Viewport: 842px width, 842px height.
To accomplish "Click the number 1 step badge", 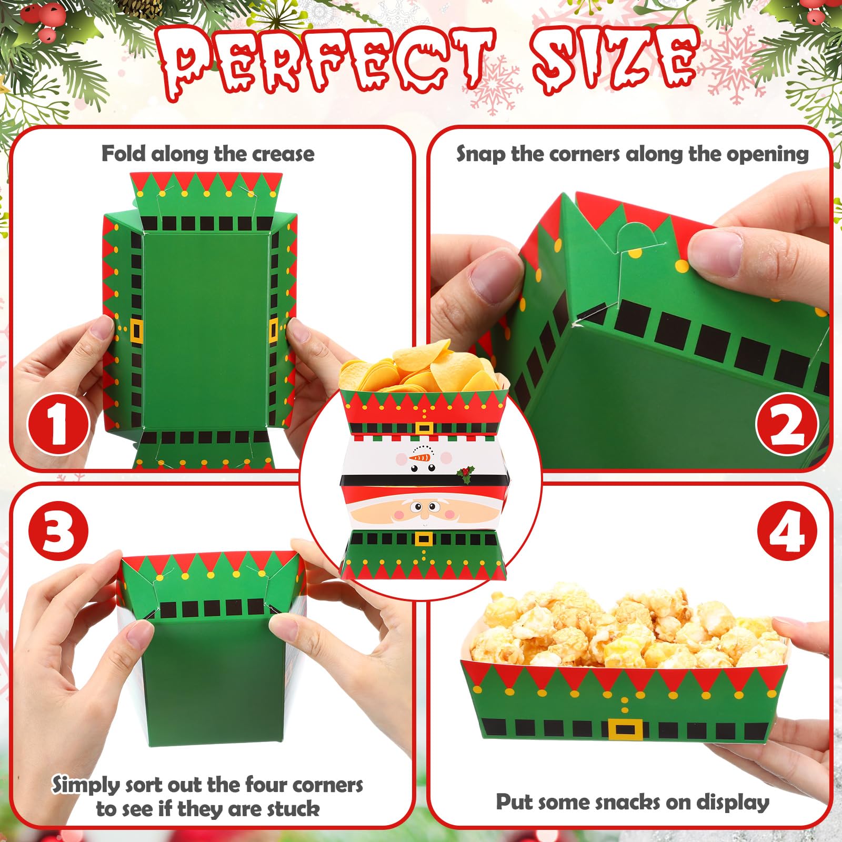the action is pos(58,424).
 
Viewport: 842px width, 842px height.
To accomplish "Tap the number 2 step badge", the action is pos(787,424).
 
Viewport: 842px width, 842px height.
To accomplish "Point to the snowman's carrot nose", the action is pos(420,457).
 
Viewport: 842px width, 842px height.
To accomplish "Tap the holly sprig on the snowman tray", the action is pos(466,474).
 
